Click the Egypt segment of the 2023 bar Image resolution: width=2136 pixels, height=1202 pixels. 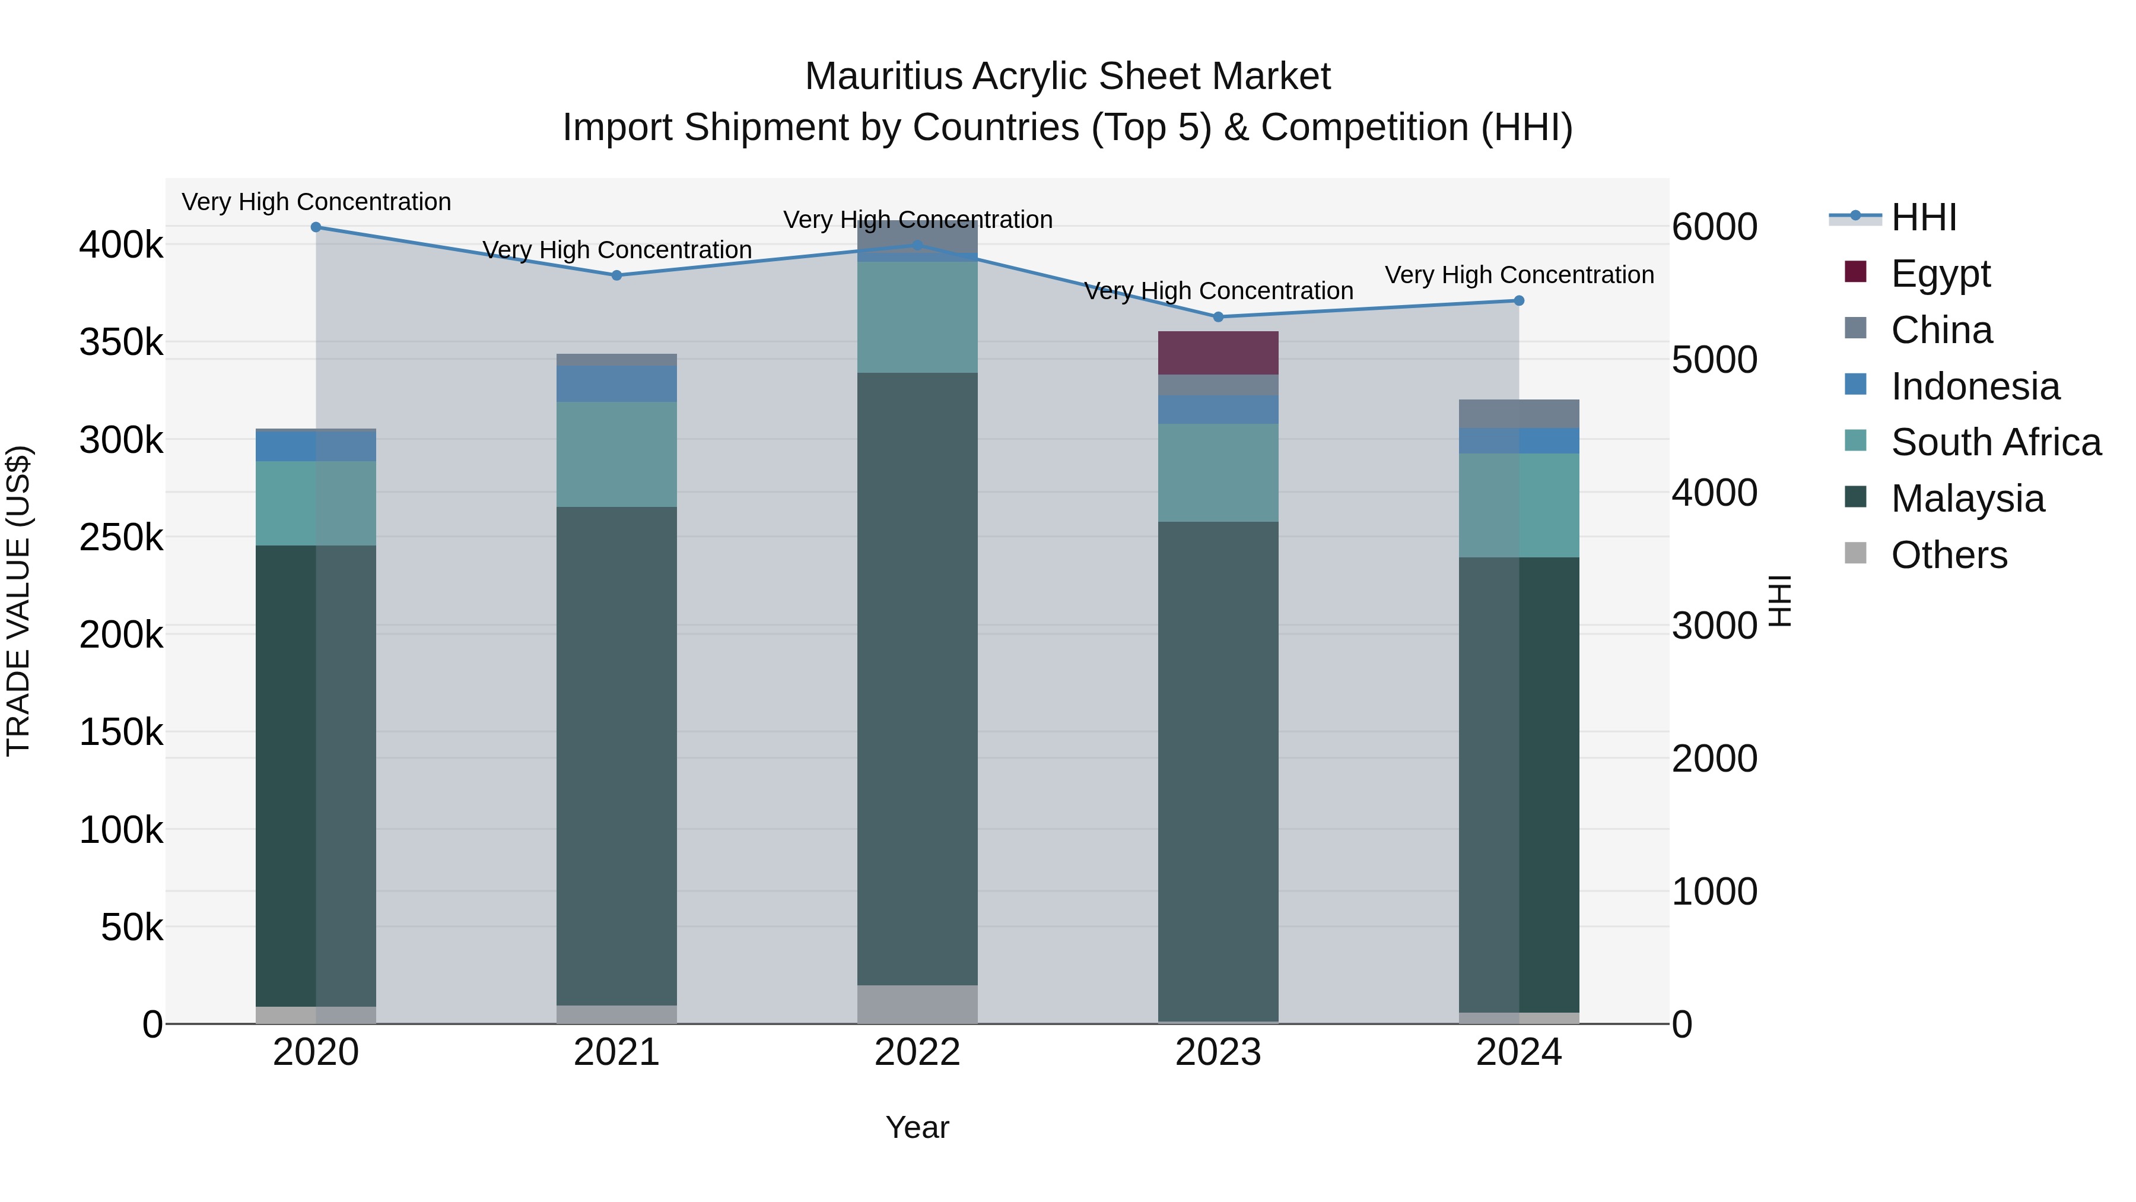pos(1218,353)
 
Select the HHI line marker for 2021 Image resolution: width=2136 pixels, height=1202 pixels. pos(616,275)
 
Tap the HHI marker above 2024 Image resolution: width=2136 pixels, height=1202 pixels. pos(1518,300)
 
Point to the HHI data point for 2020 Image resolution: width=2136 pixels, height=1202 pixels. pos(316,227)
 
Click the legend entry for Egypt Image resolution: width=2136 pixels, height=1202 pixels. pos(1940,274)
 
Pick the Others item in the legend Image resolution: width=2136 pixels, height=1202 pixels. pos(1949,555)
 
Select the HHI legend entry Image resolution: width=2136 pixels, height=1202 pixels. pos(1924,217)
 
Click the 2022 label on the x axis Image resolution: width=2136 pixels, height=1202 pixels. pos(917,1052)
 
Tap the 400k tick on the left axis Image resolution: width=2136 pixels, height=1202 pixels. pos(121,246)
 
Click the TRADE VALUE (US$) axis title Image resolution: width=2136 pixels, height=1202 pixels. pos(18,601)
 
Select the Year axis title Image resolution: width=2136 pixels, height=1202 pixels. pos(917,1127)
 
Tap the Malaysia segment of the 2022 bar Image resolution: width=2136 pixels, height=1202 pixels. pos(917,678)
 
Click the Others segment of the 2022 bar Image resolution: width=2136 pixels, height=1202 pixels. pos(917,1004)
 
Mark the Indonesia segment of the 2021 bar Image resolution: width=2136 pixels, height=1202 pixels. pos(616,383)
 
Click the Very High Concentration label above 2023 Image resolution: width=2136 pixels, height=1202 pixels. pos(1218,291)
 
